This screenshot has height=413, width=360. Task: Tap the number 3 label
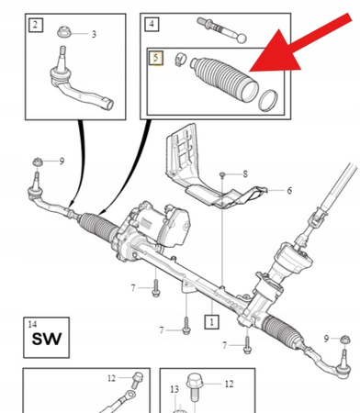click(93, 34)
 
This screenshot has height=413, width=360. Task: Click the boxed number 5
click(157, 58)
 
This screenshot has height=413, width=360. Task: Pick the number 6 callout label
click(288, 191)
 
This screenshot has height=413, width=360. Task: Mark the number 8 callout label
click(245, 173)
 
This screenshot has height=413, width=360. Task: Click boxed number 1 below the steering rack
click(212, 322)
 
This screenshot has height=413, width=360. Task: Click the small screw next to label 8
click(222, 173)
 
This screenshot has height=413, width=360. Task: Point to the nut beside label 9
click(36, 162)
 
